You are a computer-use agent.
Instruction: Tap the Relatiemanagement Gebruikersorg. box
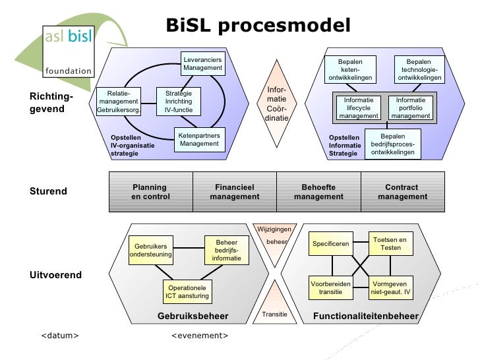119,102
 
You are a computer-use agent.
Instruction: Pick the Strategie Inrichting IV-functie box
178,102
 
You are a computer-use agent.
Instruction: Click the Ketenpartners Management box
199,139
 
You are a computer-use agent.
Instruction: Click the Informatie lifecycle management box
359,108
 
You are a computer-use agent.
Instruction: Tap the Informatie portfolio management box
410,108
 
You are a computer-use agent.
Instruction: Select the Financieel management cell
234,192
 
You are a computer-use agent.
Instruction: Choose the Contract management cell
402,192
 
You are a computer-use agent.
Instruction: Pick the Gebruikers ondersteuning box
151,250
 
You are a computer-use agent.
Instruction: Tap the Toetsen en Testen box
390,243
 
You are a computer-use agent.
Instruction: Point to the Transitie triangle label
274,315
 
